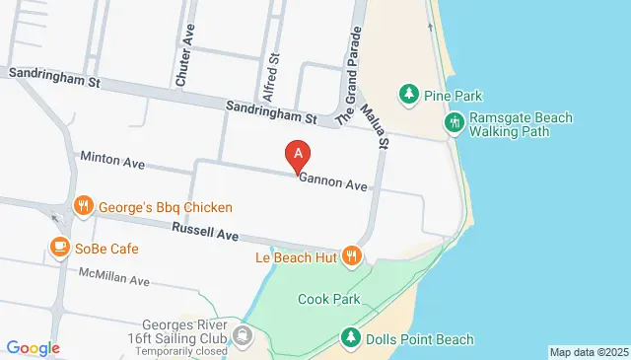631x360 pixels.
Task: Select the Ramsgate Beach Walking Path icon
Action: (x=454, y=123)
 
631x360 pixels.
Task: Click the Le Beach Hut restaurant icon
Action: (x=352, y=256)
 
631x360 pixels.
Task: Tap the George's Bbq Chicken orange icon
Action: (x=84, y=207)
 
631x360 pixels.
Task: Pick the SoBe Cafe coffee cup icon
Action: (x=59, y=247)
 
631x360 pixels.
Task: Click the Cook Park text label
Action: (x=328, y=299)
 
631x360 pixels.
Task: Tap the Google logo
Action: (x=33, y=347)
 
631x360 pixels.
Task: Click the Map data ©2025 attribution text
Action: (x=588, y=352)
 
